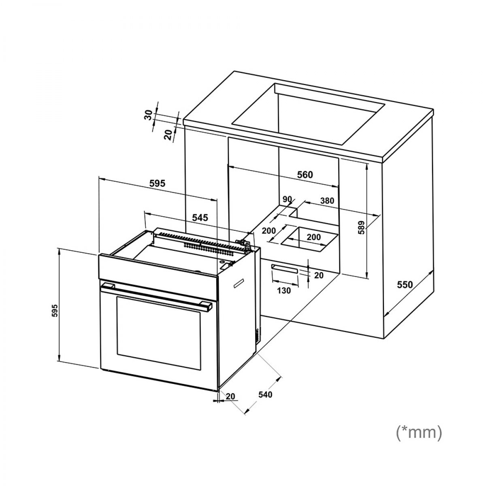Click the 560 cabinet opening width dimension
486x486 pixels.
click(x=305, y=175)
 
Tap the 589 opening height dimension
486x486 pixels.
click(x=362, y=228)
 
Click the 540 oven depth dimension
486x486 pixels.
click(x=265, y=394)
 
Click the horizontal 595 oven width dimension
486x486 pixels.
click(x=158, y=183)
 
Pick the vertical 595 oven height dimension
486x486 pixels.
click(x=55, y=311)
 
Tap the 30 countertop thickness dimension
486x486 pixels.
click(x=149, y=115)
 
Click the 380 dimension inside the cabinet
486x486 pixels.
click(x=327, y=201)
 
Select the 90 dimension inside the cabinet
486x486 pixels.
click(x=287, y=200)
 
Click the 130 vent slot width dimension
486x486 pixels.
click(x=284, y=291)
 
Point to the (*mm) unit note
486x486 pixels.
click(x=419, y=439)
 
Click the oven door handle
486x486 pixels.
click(x=157, y=297)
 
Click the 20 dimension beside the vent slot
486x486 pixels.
click(x=319, y=275)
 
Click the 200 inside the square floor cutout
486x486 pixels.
click(x=313, y=237)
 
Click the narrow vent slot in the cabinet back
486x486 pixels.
click(x=284, y=269)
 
